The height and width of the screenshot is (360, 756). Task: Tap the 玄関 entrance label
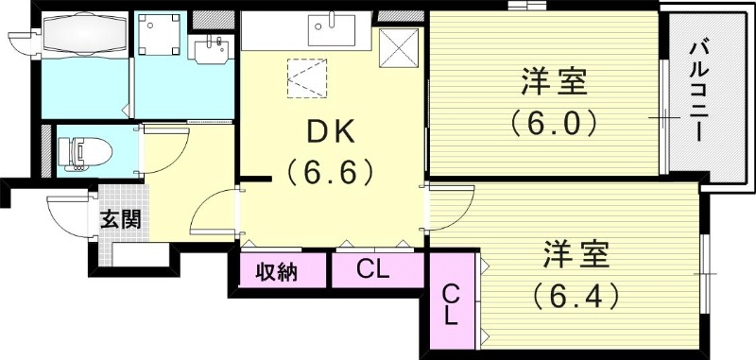click(122, 220)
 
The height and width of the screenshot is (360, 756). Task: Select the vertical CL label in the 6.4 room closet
click(452, 303)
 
